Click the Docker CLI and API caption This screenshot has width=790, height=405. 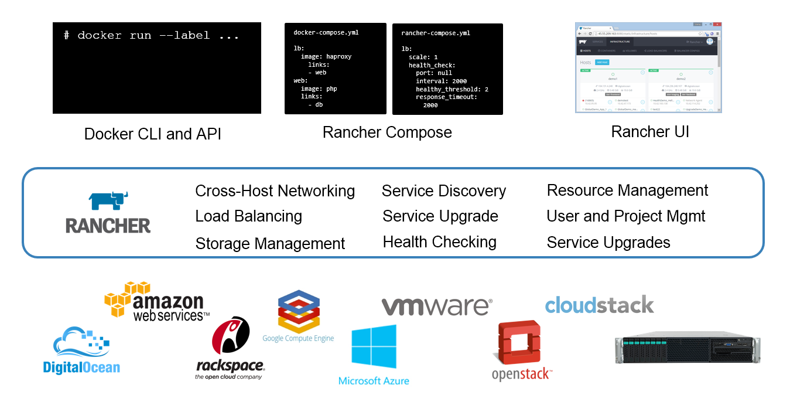tap(153, 134)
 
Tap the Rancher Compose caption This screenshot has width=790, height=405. tap(387, 132)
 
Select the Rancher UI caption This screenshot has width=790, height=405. tap(650, 131)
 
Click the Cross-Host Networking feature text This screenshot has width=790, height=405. tap(275, 191)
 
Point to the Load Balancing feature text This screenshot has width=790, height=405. tap(248, 216)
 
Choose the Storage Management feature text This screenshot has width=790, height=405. tap(270, 243)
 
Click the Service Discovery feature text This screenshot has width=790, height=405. tap(443, 191)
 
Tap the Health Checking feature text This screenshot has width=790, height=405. tap(439, 241)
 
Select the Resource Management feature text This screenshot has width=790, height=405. tap(627, 190)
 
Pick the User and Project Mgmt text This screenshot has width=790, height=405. tap(625, 216)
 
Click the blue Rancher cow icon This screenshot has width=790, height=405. tap(108, 200)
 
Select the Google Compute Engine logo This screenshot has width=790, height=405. tap(298, 316)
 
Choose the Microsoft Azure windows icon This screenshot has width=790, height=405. tap(374, 346)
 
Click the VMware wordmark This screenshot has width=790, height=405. tap(436, 306)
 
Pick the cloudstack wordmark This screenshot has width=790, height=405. tap(599, 305)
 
